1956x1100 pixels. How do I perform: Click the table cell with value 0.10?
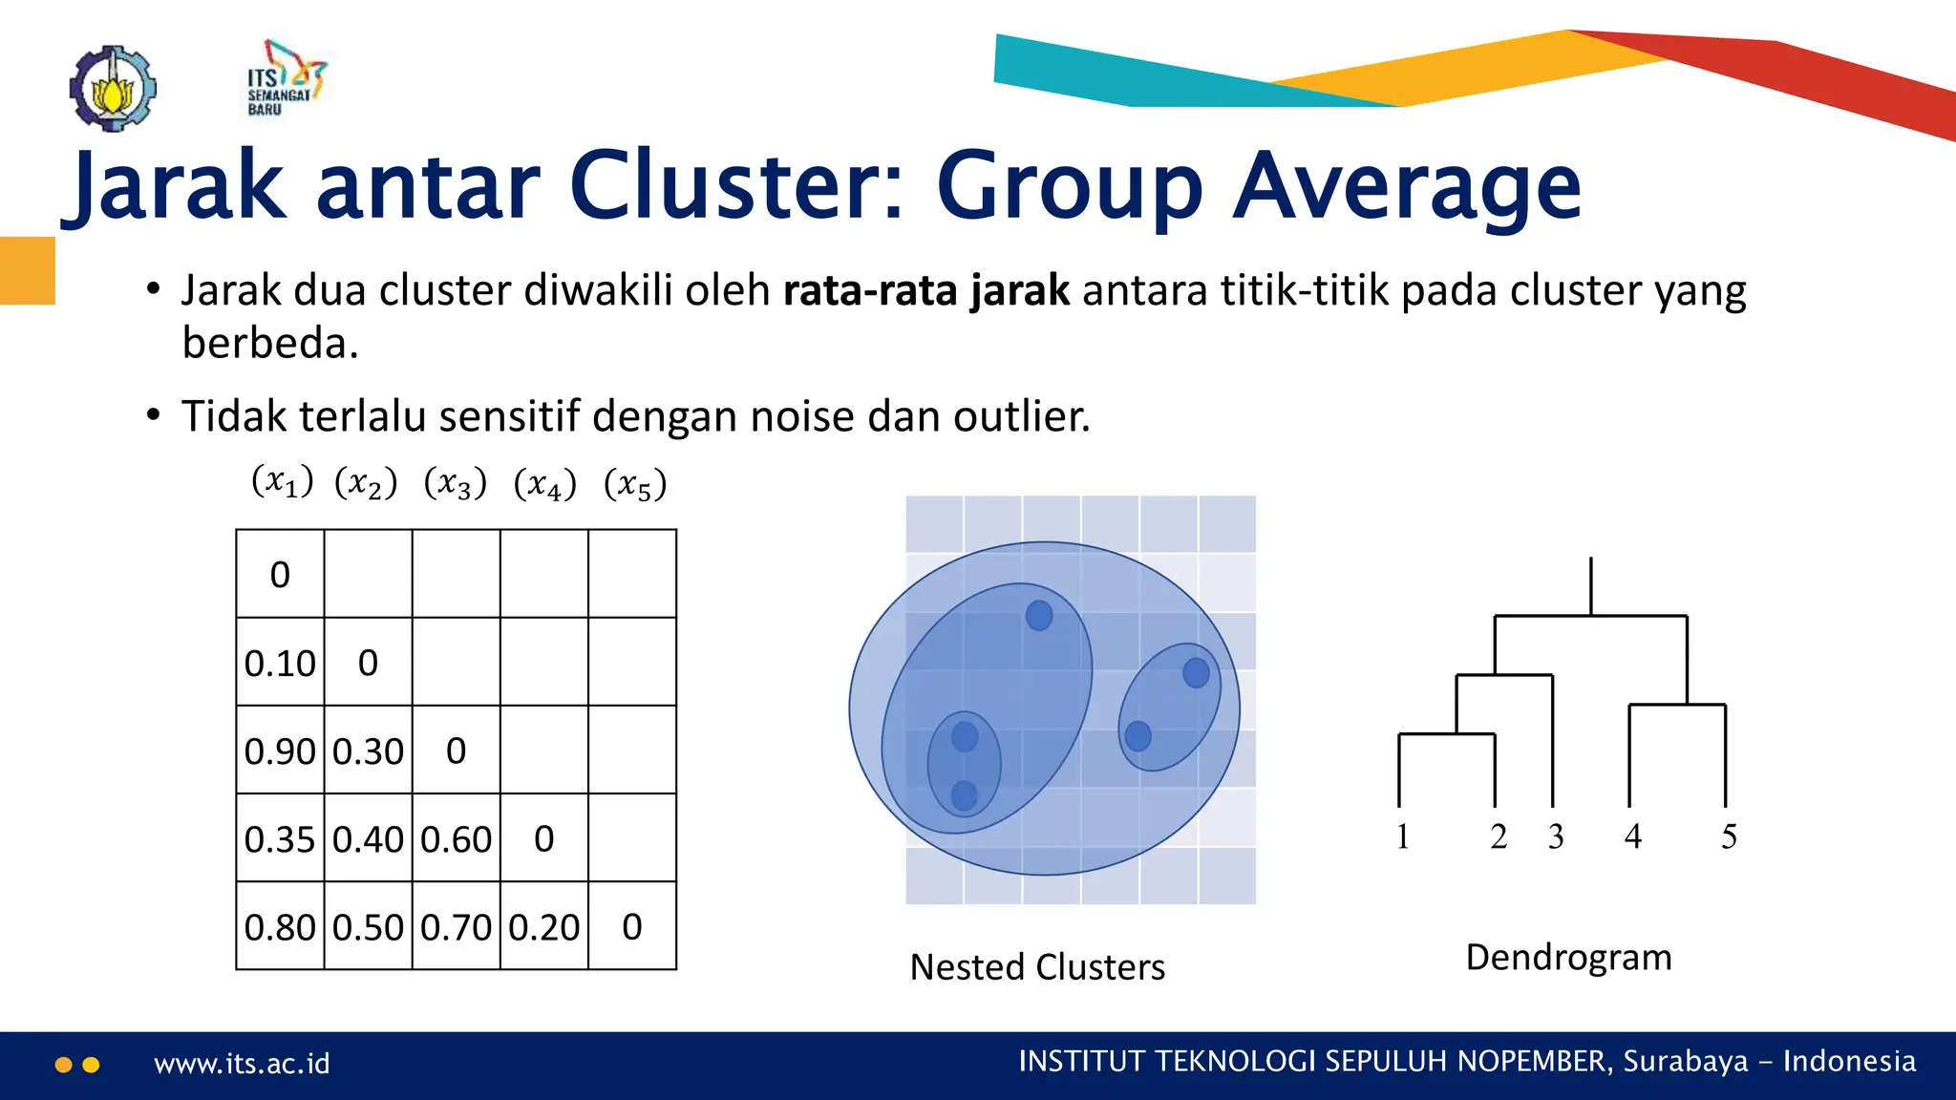(x=279, y=663)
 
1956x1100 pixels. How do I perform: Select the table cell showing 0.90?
(x=279, y=751)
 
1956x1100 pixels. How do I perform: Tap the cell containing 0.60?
(x=456, y=838)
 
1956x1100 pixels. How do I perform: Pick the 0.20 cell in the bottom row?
(x=543, y=926)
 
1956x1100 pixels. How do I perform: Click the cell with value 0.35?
(x=279, y=838)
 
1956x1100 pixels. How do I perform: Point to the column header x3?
(x=456, y=483)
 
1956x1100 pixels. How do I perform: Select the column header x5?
(x=635, y=483)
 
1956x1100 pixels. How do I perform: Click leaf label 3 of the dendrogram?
(x=1556, y=836)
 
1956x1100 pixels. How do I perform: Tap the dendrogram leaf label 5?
(x=1729, y=836)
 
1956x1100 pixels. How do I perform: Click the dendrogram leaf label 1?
(x=1402, y=836)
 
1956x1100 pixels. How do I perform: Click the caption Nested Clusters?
(x=1037, y=966)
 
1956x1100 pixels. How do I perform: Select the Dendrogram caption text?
(x=1568, y=957)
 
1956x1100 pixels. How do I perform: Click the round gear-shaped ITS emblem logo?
(x=113, y=88)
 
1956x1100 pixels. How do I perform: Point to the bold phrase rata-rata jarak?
(x=925, y=290)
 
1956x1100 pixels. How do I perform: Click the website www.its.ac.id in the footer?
(x=242, y=1064)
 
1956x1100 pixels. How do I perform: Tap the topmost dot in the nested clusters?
(x=1039, y=615)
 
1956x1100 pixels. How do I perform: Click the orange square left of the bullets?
(x=27, y=270)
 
